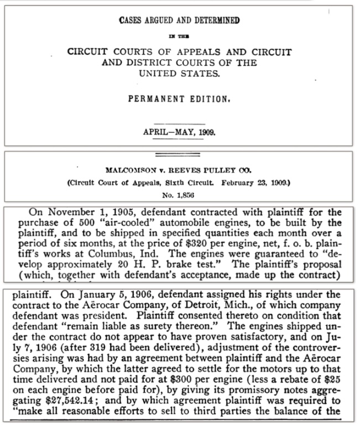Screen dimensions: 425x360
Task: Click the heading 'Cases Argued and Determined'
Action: point(179,21)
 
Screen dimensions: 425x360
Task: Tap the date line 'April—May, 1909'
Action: point(179,132)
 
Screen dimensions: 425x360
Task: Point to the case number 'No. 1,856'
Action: point(179,195)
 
